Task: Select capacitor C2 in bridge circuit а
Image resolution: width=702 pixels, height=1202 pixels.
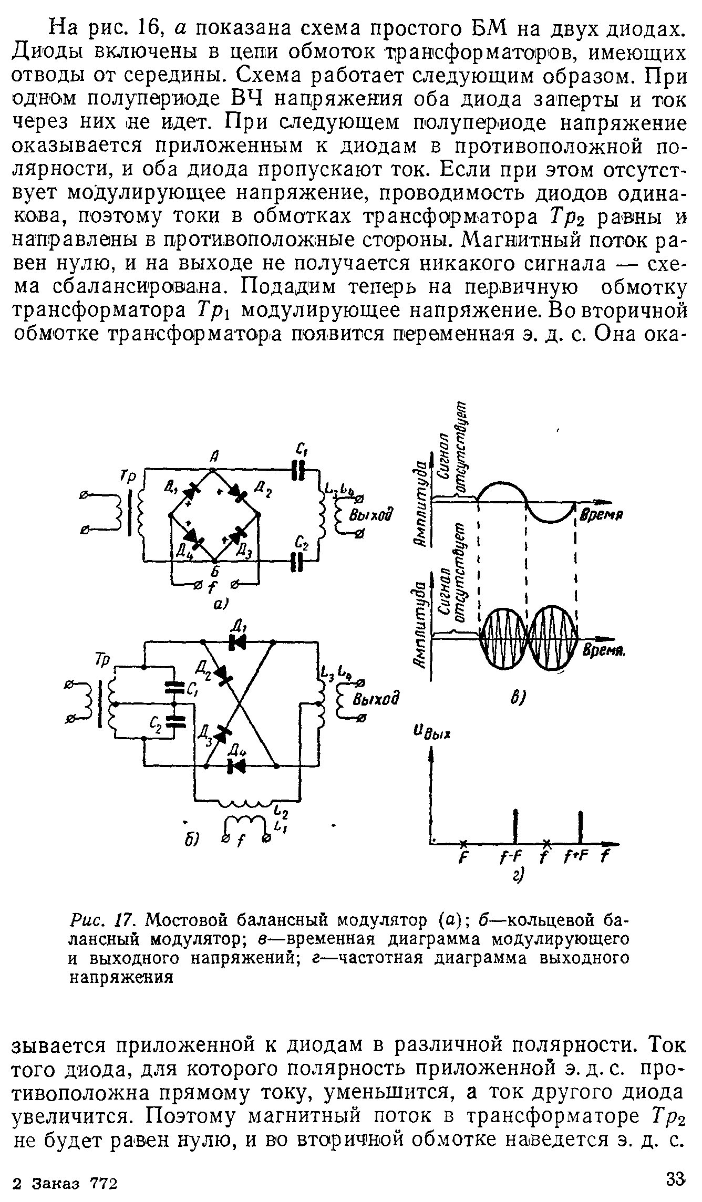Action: (x=298, y=561)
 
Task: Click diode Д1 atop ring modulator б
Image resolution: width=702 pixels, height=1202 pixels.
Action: (x=238, y=642)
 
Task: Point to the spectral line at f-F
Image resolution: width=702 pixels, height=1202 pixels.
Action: (x=517, y=825)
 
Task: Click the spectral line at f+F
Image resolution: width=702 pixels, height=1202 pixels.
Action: (x=580, y=825)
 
